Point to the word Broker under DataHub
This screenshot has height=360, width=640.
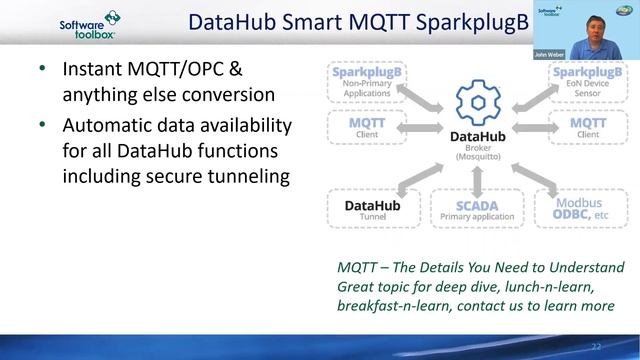(476, 147)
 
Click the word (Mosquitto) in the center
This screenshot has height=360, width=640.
(476, 158)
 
